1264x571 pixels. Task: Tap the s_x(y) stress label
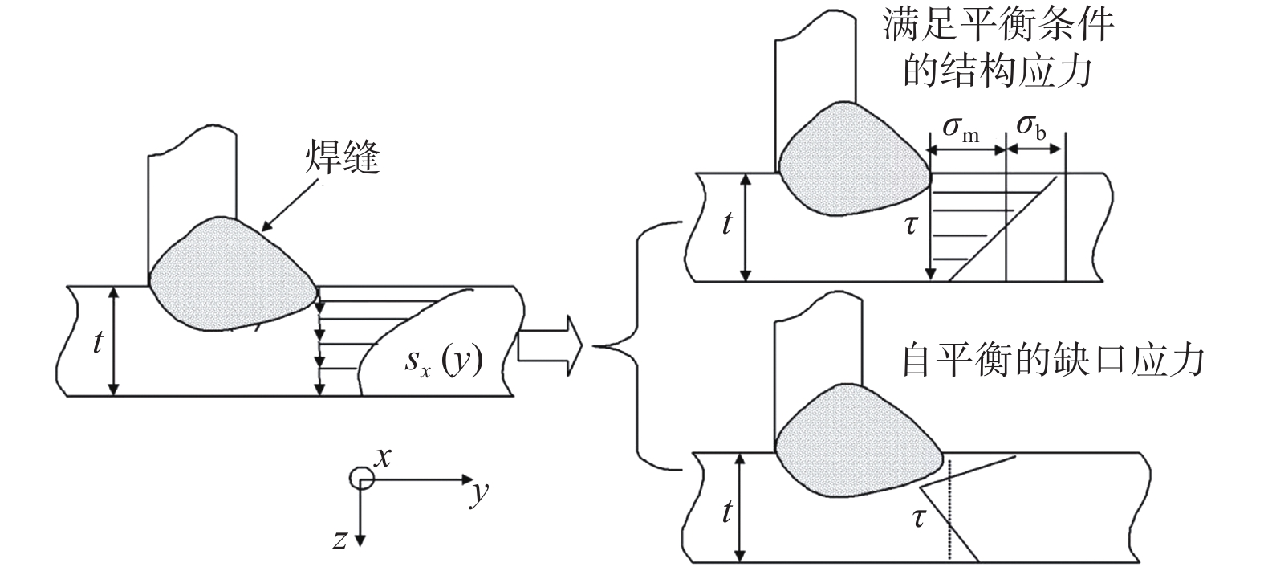point(444,361)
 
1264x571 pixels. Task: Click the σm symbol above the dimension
point(961,128)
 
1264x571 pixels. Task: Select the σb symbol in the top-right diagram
point(1031,127)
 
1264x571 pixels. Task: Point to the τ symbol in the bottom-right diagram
point(919,517)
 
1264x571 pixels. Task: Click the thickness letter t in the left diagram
point(98,341)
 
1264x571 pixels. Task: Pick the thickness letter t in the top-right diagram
point(727,222)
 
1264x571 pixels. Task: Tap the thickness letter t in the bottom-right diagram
point(727,512)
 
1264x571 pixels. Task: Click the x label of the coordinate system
point(383,457)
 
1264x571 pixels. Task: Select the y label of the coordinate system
point(480,494)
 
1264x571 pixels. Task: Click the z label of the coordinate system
point(339,540)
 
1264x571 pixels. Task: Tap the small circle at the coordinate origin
point(362,479)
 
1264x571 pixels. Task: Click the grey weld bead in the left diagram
point(231,275)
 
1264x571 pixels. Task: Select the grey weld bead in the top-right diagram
point(853,159)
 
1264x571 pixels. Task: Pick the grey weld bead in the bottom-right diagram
point(858,442)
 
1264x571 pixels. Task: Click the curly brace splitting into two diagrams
point(638,345)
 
